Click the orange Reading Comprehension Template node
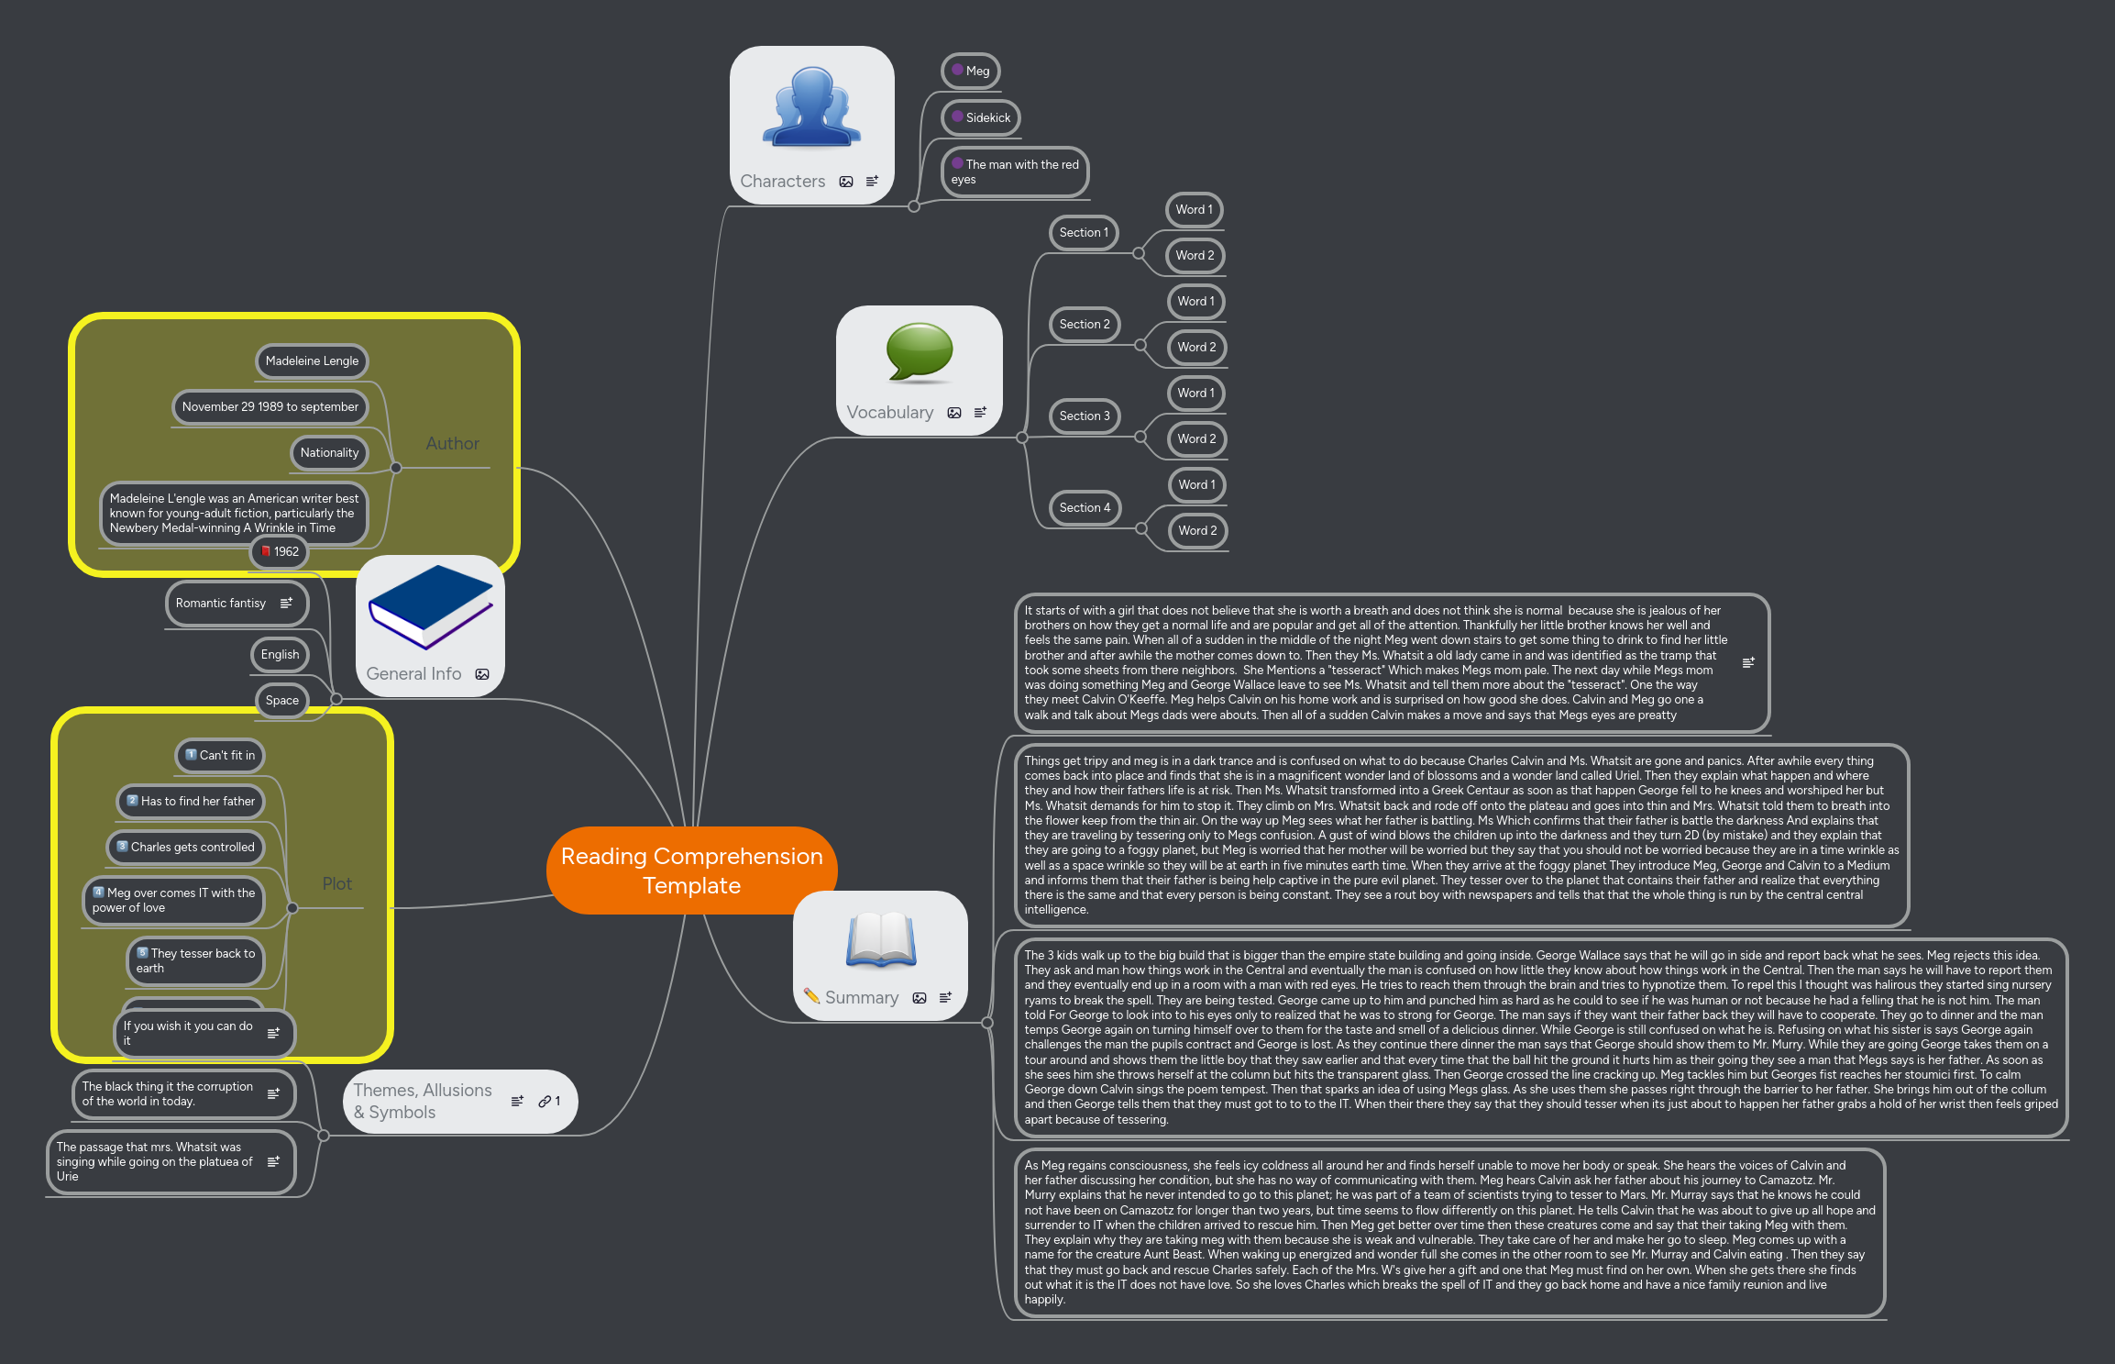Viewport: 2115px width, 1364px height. pyautogui.click(x=690, y=870)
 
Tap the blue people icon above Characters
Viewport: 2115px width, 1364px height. pyautogui.click(x=811, y=108)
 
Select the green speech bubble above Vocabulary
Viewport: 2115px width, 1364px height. pyautogui.click(x=919, y=351)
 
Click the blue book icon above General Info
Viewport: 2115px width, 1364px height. pyautogui.click(x=430, y=606)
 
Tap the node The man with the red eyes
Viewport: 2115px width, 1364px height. pyautogui.click(x=1015, y=172)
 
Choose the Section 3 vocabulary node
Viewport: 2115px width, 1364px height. pyautogui.click(x=1084, y=416)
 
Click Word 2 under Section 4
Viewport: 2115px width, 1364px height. pyautogui.click(x=1197, y=530)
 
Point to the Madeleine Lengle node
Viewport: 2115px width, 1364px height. pyautogui.click(x=312, y=360)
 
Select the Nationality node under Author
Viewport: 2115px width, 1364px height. pyautogui.click(x=329, y=452)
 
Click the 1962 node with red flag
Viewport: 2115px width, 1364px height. pyautogui.click(x=280, y=551)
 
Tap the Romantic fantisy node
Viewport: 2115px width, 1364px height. pyautogui.click(x=221, y=603)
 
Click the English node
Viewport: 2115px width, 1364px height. pyautogui.click(x=280, y=654)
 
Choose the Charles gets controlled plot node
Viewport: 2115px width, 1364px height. pyautogui.click(x=186, y=847)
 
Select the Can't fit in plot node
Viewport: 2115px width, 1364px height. pyautogui.click(x=220, y=755)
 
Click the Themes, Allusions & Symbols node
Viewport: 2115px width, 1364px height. pyautogui.click(x=424, y=1101)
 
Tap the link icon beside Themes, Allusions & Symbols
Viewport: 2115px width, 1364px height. pyautogui.click(x=545, y=1101)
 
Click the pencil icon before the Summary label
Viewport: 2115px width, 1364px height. pyautogui.click(x=811, y=995)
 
